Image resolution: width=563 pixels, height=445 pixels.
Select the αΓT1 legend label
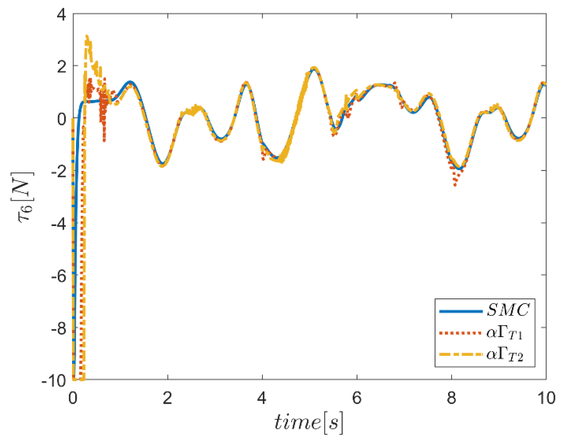[x=504, y=333]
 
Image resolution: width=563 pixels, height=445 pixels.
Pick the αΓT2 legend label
[x=504, y=355]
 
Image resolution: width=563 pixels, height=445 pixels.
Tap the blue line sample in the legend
[x=460, y=311]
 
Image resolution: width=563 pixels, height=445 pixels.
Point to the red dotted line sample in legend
[x=460, y=333]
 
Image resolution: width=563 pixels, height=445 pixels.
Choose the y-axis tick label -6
[x=58, y=276]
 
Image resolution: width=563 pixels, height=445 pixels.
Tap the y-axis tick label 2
[x=62, y=67]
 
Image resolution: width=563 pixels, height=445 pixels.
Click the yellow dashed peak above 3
[x=87, y=37]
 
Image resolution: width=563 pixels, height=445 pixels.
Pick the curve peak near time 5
[x=314, y=68]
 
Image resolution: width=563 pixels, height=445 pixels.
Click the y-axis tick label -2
[x=58, y=172]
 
